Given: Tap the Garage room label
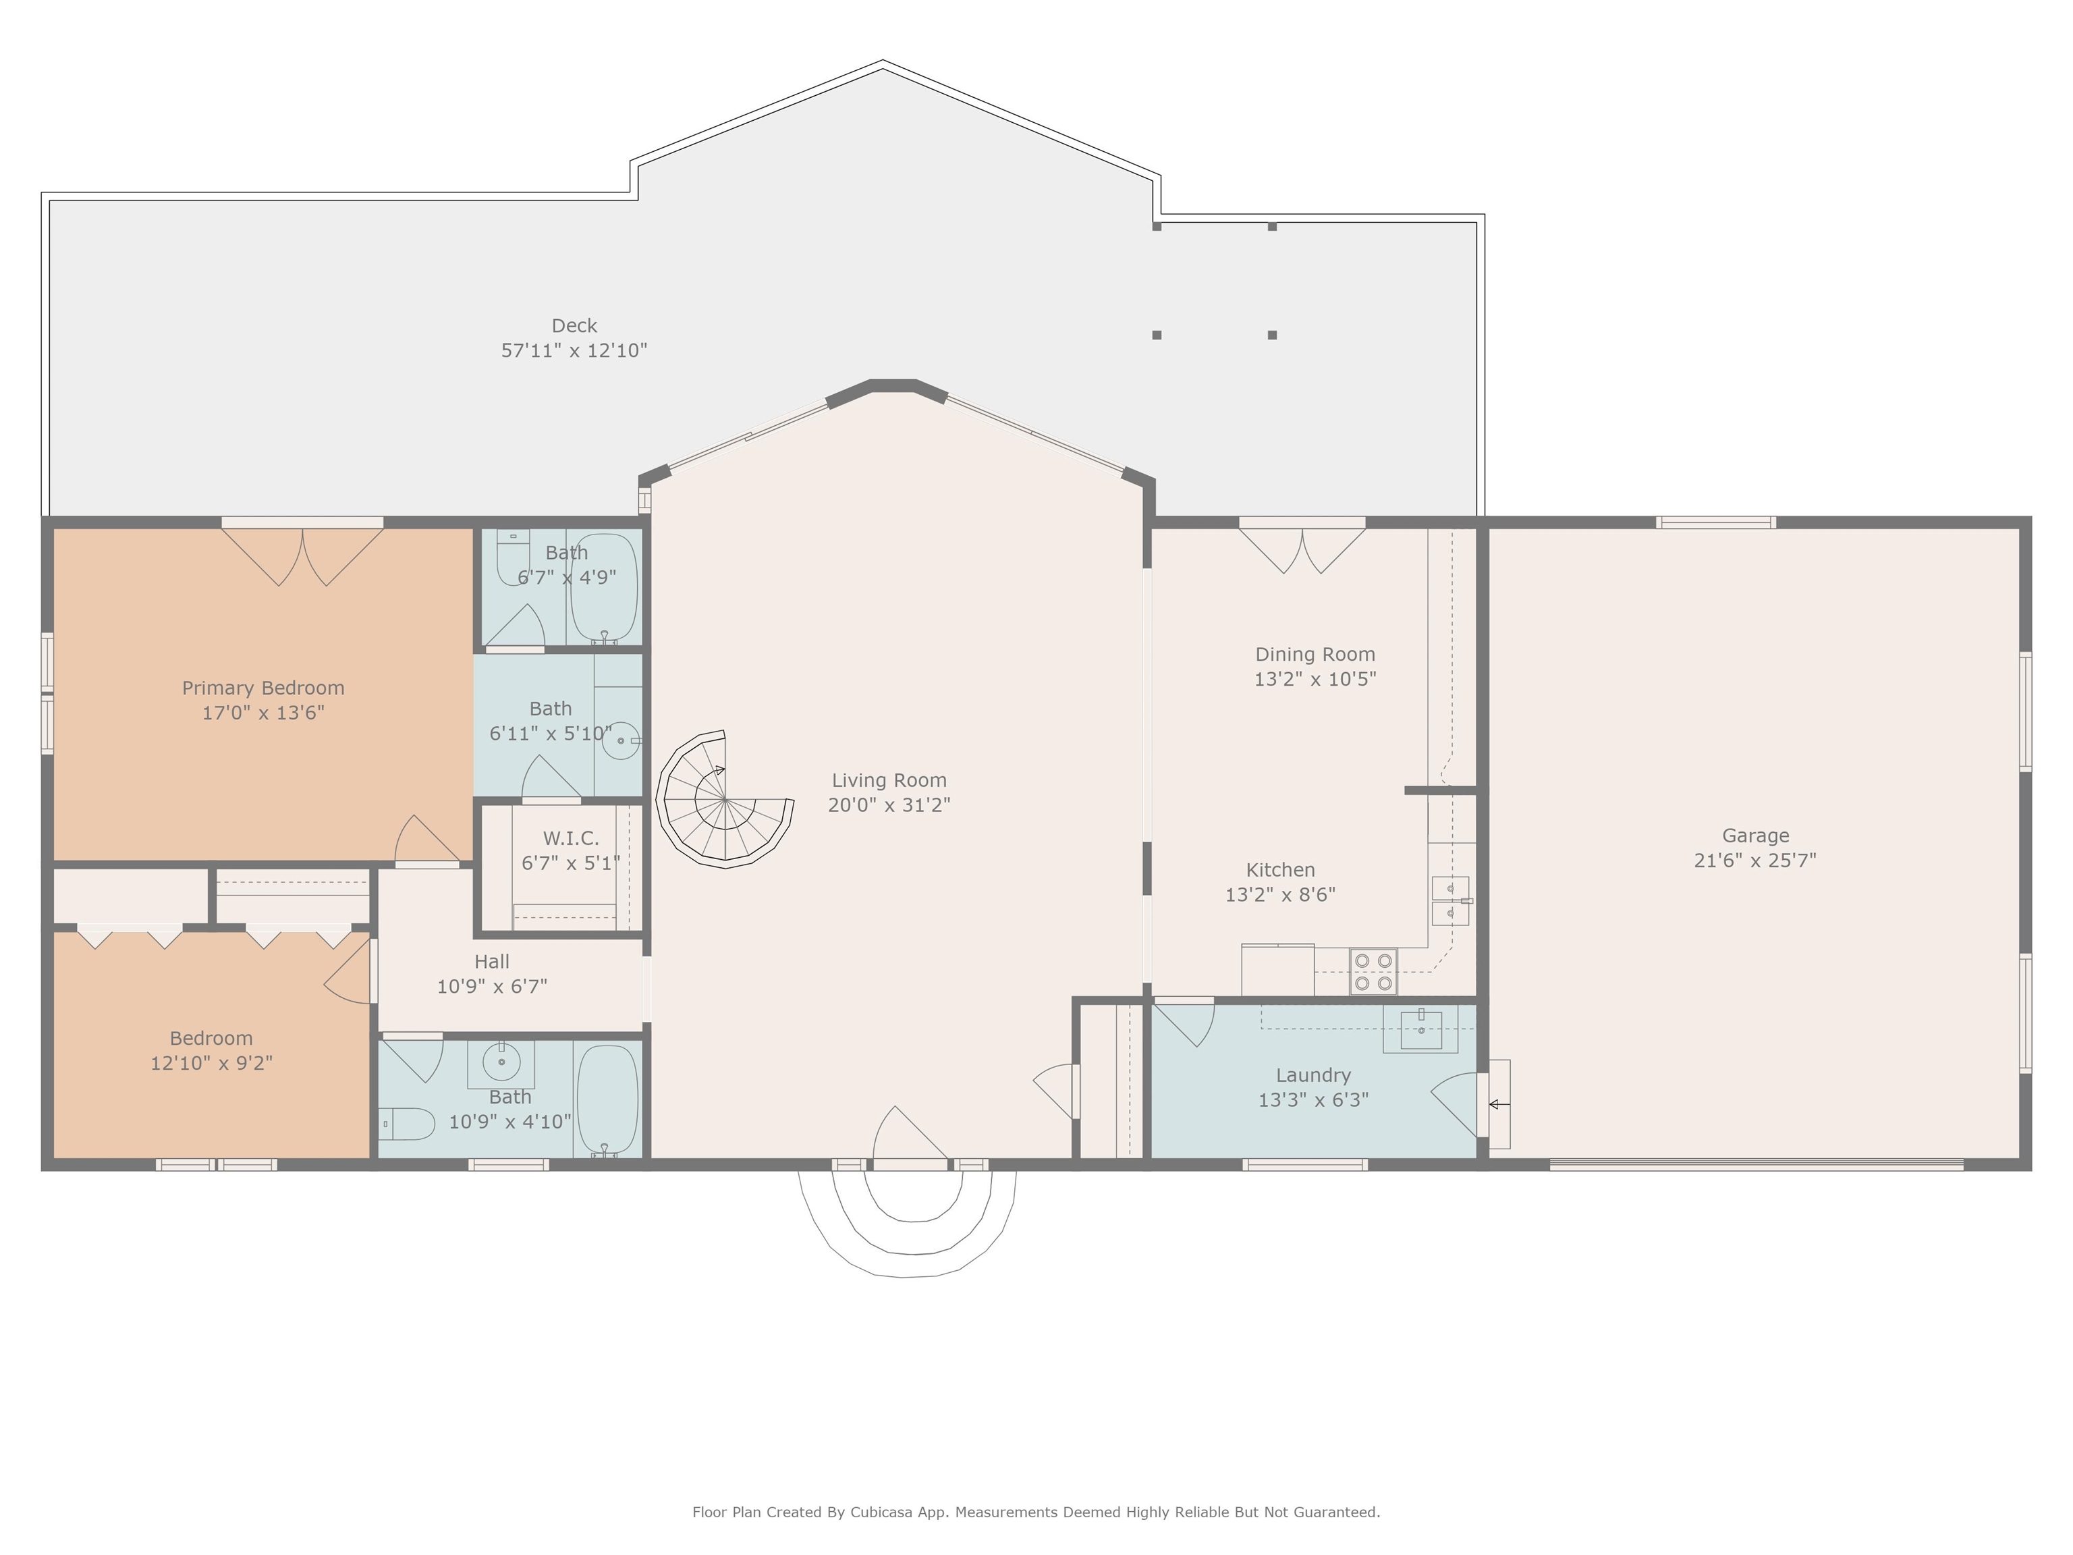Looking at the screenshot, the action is pos(1755,835).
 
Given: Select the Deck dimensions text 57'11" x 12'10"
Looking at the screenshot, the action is pos(574,350).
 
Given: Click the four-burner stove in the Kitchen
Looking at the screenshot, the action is pos(1373,972).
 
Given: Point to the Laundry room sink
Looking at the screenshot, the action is pos(1420,1030).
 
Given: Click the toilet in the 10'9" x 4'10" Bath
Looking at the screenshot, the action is pos(407,1124).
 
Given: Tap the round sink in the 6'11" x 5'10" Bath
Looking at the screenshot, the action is pos(620,740).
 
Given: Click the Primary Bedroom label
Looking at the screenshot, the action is pos(263,688).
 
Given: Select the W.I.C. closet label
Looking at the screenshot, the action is pos(571,838).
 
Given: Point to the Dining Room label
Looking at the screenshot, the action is pos(1315,654).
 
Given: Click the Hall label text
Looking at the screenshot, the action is pos(492,962).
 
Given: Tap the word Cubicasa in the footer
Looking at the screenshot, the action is pos(885,1512).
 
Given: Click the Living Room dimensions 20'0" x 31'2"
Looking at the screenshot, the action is pos(889,805).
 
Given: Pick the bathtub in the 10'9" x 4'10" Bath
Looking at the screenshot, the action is pos(607,1100).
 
